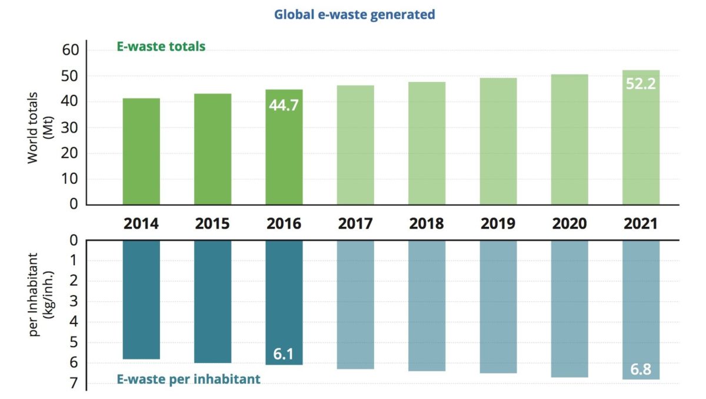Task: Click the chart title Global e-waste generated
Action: click(x=354, y=15)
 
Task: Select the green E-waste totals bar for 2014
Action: click(x=141, y=151)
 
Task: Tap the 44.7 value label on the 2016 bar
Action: click(x=284, y=106)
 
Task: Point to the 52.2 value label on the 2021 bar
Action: click(x=640, y=84)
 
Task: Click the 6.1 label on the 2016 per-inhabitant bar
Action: click(x=284, y=355)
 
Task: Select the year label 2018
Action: click(x=427, y=224)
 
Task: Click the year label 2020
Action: click(x=570, y=224)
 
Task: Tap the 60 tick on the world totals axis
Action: click(x=70, y=50)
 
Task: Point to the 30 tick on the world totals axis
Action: click(x=70, y=127)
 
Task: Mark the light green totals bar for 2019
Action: click(x=498, y=141)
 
